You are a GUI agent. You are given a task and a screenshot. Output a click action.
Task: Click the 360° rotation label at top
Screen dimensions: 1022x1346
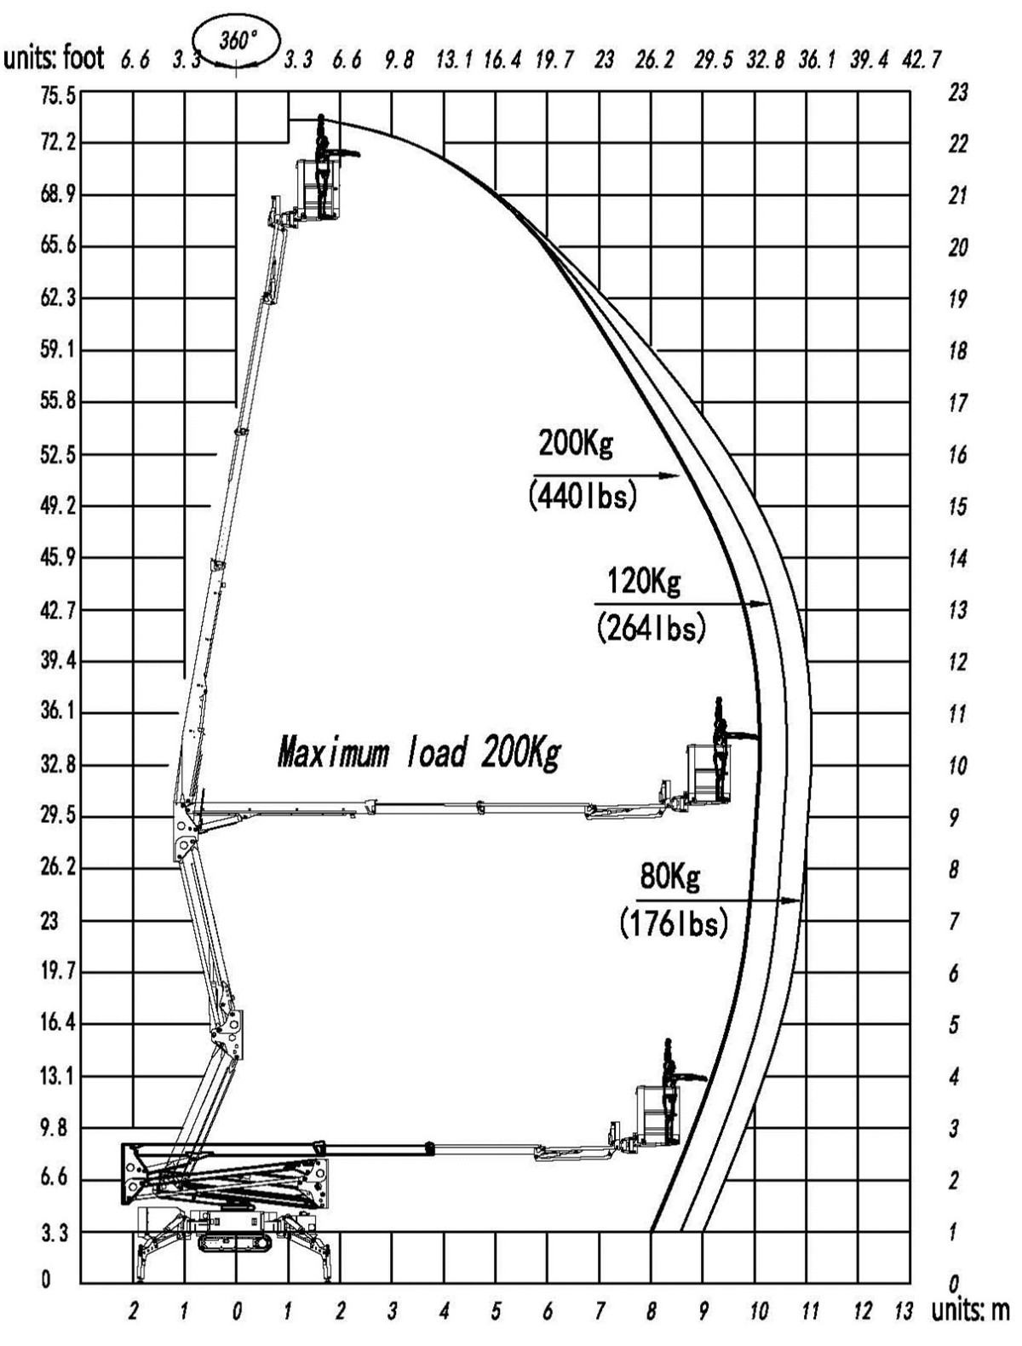point(238,42)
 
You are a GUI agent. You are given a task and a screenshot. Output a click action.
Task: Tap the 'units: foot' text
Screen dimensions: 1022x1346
point(55,58)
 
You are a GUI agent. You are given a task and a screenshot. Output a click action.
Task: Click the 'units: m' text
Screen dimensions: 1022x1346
point(970,1310)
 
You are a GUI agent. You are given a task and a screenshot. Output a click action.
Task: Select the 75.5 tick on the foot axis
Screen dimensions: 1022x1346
point(58,96)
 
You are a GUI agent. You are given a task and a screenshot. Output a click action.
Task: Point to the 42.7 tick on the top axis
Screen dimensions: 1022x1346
point(922,60)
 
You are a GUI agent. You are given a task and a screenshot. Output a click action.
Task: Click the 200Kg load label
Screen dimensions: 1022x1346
point(575,443)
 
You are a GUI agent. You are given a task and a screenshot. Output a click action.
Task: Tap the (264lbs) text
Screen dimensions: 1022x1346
point(651,628)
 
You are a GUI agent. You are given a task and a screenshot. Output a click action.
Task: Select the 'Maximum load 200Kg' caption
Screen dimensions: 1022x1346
point(419,751)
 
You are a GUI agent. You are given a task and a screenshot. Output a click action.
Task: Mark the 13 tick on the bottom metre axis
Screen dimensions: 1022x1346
point(903,1310)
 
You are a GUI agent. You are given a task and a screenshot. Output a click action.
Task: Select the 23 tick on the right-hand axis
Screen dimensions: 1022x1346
point(957,92)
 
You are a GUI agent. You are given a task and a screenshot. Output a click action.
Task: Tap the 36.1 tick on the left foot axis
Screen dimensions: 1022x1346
point(58,712)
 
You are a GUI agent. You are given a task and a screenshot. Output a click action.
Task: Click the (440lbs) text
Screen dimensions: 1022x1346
point(583,495)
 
